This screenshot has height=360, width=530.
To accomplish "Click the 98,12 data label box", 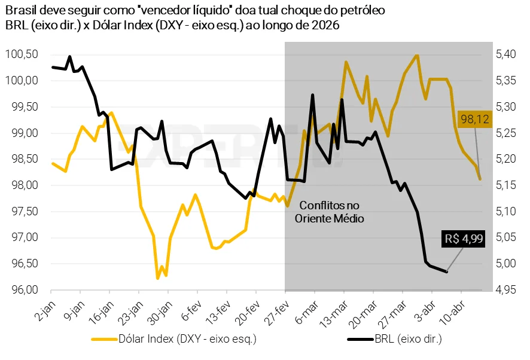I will pos(475,120).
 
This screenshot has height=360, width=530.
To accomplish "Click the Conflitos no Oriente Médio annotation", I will pos(329,211).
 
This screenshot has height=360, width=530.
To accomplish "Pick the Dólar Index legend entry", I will pos(179,340).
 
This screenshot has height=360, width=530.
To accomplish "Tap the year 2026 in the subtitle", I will pos(328,25).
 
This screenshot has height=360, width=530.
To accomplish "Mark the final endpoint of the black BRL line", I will pos(447,272).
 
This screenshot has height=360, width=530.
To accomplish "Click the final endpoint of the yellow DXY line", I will pos(480,179).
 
